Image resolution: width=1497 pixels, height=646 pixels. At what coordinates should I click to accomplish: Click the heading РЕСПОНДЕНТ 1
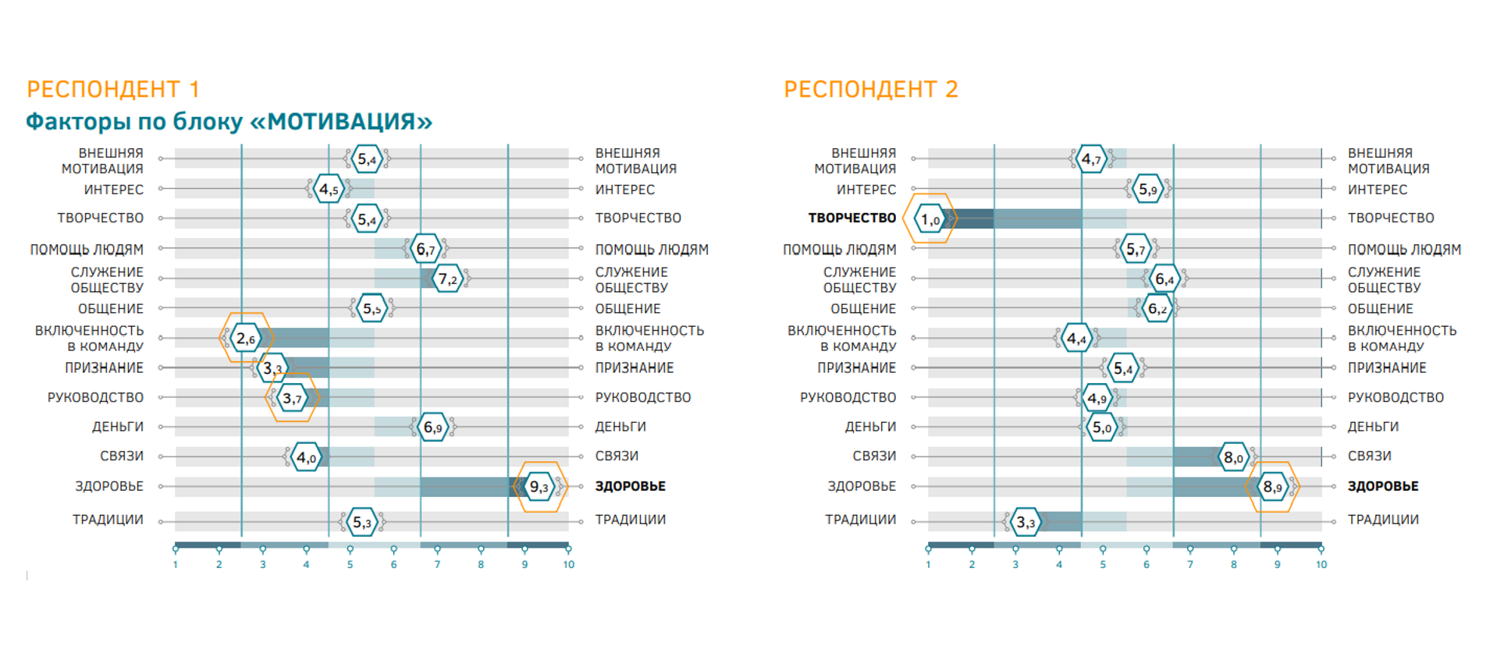point(113,89)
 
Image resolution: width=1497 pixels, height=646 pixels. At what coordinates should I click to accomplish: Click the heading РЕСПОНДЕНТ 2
point(871,89)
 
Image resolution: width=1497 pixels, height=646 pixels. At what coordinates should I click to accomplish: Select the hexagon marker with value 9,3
point(539,487)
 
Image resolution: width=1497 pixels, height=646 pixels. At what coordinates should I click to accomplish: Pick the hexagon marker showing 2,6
point(246,338)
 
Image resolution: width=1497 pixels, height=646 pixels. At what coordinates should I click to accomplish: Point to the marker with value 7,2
point(448,279)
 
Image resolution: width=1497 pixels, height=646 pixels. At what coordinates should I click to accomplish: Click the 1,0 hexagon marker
point(930,219)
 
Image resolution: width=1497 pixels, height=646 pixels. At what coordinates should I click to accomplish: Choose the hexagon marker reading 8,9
point(1272,487)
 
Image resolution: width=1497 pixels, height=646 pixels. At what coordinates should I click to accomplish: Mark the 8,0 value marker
point(1234,457)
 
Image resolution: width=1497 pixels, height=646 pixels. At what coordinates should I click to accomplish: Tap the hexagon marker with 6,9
point(433,427)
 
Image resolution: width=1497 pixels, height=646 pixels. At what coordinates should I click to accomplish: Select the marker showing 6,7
point(425,249)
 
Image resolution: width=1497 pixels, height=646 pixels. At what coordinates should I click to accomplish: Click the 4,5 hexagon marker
point(329,189)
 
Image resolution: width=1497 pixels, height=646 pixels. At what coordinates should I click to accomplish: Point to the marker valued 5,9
point(1148,189)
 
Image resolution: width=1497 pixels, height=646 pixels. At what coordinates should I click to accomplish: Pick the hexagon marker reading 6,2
point(1157,308)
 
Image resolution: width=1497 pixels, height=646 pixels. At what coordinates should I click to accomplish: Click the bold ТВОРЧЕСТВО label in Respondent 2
point(852,218)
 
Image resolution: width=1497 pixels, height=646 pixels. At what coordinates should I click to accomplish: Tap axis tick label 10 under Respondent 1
point(569,565)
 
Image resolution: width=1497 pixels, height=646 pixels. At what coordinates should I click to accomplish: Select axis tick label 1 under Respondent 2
point(928,565)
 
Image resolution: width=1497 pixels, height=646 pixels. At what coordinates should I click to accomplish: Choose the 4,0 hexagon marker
point(307,457)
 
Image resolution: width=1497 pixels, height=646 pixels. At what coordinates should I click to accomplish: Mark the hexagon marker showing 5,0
point(1102,427)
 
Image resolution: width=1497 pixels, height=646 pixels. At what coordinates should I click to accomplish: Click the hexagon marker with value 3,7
point(292,398)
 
